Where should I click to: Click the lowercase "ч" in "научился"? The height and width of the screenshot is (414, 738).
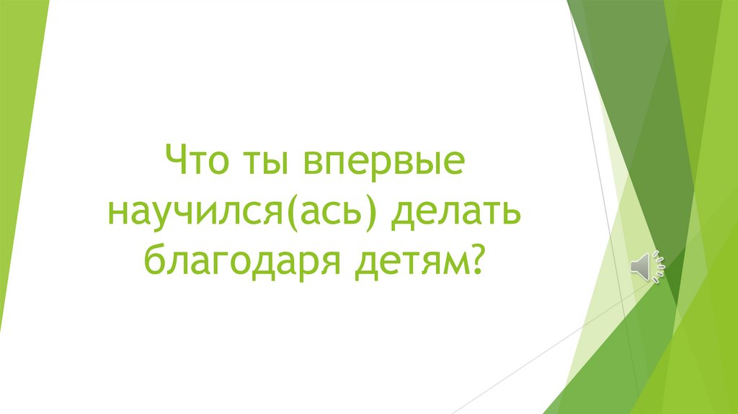tap(190, 212)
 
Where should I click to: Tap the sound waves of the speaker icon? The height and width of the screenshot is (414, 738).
tap(659, 267)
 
